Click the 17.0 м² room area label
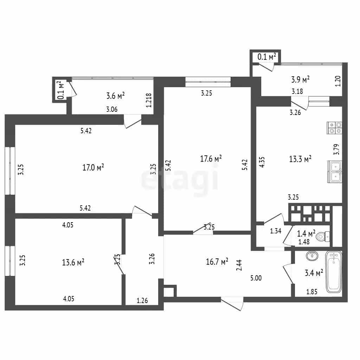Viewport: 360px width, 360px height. tap(93, 167)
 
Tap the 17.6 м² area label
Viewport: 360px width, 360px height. tap(211, 159)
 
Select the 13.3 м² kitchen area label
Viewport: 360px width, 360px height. tap(300, 159)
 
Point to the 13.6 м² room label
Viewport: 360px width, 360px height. tap(73, 262)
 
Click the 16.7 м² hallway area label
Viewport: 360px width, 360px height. tap(217, 262)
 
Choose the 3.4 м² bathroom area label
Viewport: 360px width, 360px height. tap(314, 273)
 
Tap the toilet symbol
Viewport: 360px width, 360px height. tap(323, 237)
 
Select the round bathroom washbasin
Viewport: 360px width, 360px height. tap(312, 255)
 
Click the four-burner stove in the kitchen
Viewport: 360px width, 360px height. tap(335, 128)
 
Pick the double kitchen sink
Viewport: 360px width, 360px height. tap(335, 172)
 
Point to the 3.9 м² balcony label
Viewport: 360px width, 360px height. tap(300, 79)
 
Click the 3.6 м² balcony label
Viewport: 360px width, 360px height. tap(115, 96)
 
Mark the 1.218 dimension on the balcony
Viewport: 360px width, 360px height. tap(149, 100)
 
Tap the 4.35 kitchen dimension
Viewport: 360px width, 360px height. tap(262, 162)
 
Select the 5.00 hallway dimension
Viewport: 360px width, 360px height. tap(256, 278)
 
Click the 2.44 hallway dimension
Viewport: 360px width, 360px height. tap(239, 265)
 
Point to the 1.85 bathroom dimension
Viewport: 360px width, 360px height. tap(312, 292)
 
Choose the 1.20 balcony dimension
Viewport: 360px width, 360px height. tap(338, 81)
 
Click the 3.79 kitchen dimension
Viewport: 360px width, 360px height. tap(336, 149)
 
